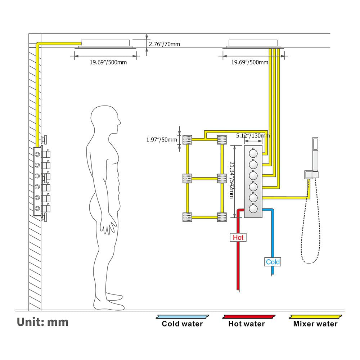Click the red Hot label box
238,237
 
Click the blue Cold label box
273,262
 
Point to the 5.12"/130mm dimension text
253,136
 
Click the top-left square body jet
188,139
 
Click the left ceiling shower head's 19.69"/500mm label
108,62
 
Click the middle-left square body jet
188,178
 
